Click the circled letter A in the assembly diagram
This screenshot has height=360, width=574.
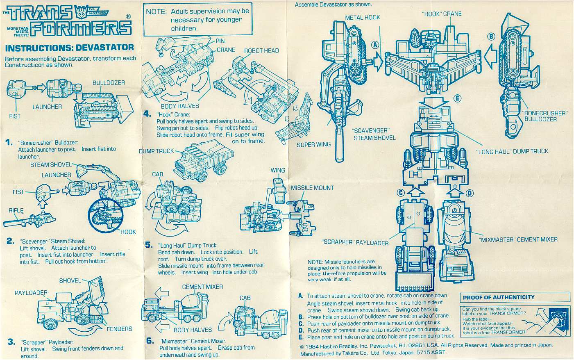point(374,45)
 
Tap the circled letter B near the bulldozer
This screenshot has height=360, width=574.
point(491,36)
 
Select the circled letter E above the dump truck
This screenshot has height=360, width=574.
point(458,98)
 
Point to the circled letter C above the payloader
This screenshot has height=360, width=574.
point(401,193)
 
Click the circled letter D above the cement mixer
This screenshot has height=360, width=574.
point(470,193)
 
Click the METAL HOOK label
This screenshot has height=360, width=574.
point(362,18)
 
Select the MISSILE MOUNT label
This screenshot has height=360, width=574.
point(312,188)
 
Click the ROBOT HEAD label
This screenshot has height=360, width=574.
point(261,51)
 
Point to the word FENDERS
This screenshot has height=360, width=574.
point(119,329)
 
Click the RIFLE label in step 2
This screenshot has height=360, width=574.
point(16,211)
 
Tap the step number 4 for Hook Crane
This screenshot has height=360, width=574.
point(147,114)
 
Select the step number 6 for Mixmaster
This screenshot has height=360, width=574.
point(150,341)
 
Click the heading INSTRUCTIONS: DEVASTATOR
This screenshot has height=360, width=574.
point(69,48)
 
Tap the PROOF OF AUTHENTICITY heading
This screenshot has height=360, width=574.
point(499,297)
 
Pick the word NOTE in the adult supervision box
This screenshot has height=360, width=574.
point(156,12)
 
